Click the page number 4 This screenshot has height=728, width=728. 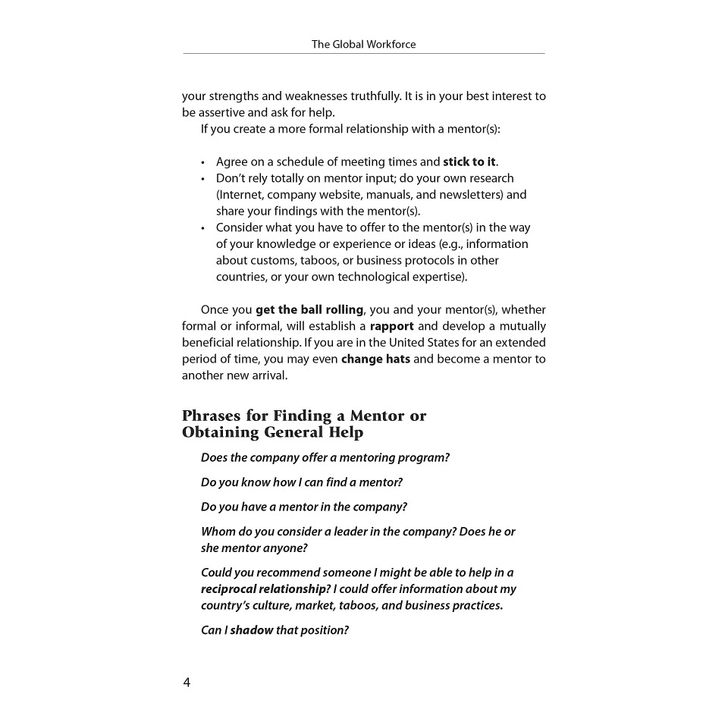click(x=187, y=682)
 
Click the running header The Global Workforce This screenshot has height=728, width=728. click(x=363, y=44)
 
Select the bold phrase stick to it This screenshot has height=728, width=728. click(x=469, y=162)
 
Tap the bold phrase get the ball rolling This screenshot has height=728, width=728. click(x=309, y=309)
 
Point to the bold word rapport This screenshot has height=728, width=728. click(x=391, y=326)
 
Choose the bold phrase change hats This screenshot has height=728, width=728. click(x=375, y=359)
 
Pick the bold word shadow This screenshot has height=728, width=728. click(x=252, y=630)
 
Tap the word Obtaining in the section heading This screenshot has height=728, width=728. click(x=221, y=432)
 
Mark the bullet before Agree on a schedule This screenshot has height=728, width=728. click(x=203, y=162)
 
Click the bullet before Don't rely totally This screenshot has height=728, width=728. click(x=203, y=179)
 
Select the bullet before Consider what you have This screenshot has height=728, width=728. click(x=203, y=228)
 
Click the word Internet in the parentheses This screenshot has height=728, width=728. click(x=240, y=195)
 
